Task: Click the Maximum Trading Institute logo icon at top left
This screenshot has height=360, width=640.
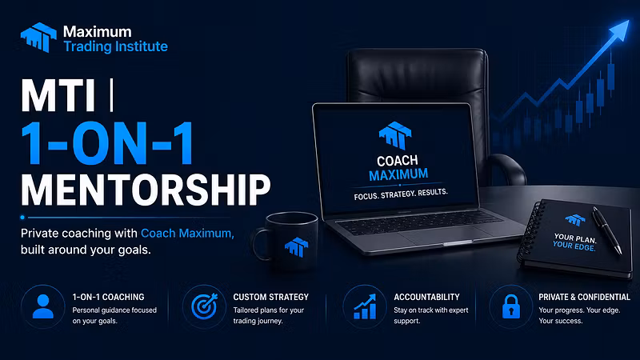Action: click(38, 37)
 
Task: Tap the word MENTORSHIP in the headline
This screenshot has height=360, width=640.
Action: click(146, 190)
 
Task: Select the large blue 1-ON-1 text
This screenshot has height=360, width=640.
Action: click(108, 143)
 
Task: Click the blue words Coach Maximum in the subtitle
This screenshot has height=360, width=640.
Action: click(187, 233)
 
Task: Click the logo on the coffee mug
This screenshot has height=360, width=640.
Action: click(297, 246)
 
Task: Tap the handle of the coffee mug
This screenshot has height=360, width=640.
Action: click(260, 245)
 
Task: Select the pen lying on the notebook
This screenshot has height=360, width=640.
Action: click(607, 230)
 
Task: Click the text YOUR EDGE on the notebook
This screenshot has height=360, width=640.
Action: click(574, 246)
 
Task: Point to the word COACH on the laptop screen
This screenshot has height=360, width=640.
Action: click(397, 161)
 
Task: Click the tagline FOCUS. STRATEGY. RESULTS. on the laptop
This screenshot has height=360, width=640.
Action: click(401, 194)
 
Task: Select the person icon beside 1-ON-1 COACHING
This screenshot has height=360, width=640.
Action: click(43, 306)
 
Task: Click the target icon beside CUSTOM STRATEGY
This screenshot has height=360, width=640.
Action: click(205, 306)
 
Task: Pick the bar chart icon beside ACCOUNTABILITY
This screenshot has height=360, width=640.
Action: click(365, 307)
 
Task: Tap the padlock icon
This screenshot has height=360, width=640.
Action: click(511, 306)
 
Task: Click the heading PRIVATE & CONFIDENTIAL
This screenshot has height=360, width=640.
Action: click(585, 297)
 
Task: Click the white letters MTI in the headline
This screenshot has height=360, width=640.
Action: click(58, 95)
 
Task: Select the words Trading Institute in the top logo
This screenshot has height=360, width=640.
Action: click(115, 46)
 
